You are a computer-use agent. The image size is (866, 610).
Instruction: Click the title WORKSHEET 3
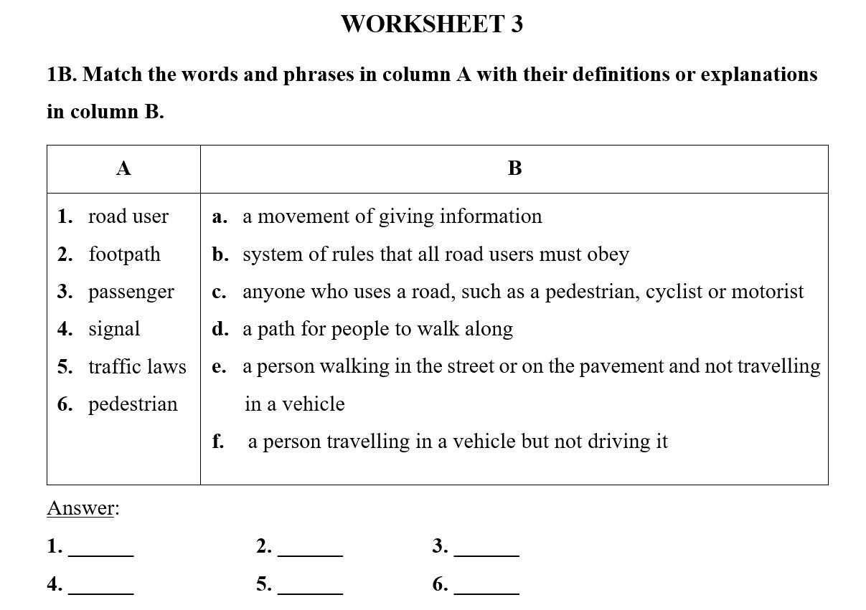(432, 24)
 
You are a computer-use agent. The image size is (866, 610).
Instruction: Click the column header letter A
(123, 168)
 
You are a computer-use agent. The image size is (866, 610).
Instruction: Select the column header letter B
(514, 168)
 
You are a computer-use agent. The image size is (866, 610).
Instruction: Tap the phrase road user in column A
(128, 216)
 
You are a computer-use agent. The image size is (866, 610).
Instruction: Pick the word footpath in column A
(124, 254)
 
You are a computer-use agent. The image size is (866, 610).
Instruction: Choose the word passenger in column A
(131, 292)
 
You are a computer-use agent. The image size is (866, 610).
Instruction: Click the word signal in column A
(114, 329)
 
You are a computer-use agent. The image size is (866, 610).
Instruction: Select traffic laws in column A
(137, 366)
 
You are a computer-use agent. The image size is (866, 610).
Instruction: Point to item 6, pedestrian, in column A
(133, 404)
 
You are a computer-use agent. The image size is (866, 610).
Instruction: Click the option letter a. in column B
(220, 216)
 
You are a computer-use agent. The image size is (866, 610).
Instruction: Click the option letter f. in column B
(218, 442)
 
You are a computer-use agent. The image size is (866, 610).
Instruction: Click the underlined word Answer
(80, 508)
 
